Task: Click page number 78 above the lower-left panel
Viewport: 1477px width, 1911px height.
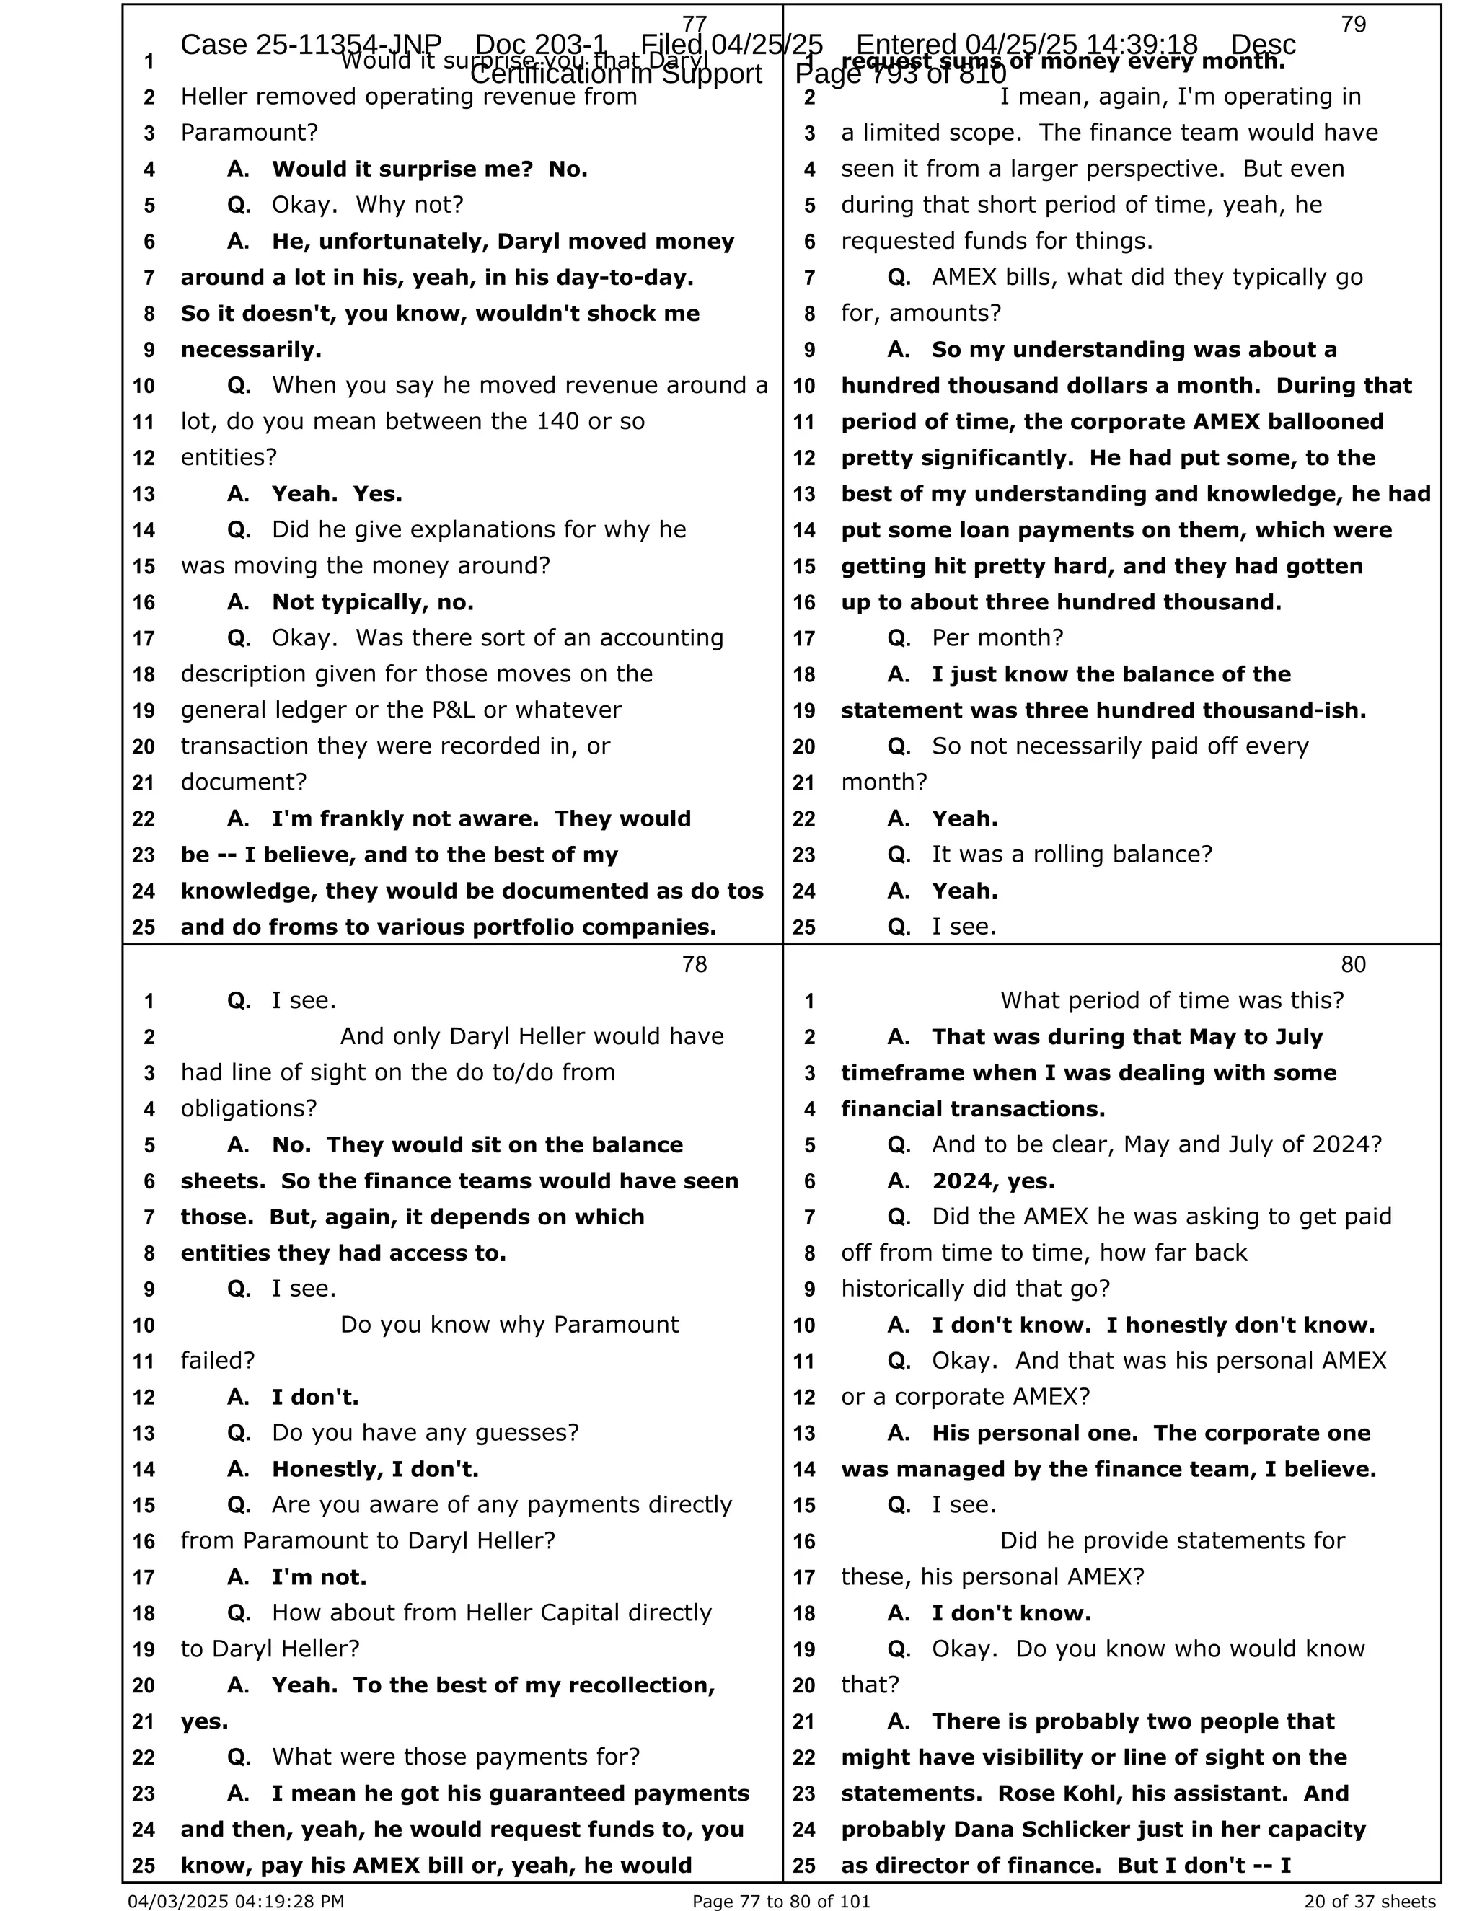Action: pyautogui.click(x=694, y=964)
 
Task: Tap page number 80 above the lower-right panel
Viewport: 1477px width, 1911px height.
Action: pyautogui.click(x=1353, y=964)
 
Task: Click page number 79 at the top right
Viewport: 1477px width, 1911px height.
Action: pyautogui.click(x=1353, y=25)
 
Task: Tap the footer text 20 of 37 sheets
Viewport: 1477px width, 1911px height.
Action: pyautogui.click(x=1370, y=1900)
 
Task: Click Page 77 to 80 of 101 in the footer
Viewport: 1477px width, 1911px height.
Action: pyautogui.click(x=781, y=1900)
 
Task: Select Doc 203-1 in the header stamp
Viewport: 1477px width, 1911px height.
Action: pyautogui.click(x=541, y=45)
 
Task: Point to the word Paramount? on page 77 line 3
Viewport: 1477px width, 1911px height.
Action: pyautogui.click(x=250, y=133)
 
